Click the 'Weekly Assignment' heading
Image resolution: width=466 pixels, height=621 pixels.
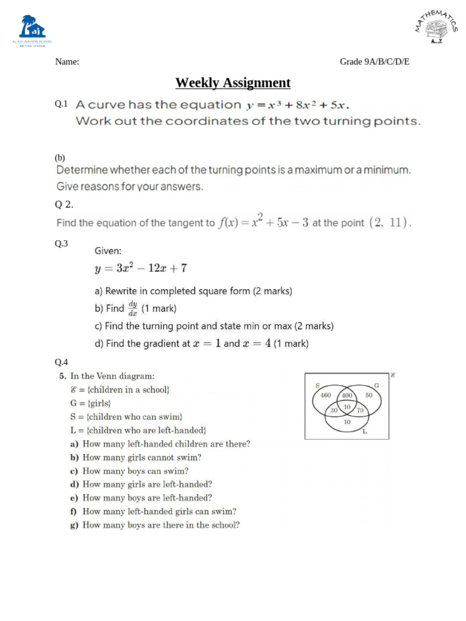tap(233, 82)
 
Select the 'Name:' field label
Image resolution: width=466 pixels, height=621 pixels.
tap(67, 62)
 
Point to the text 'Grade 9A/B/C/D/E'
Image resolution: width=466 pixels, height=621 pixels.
tap(374, 62)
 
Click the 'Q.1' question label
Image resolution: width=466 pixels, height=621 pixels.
tap(61, 104)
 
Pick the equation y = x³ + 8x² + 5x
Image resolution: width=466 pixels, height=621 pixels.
tap(298, 105)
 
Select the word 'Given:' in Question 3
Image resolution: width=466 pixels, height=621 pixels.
tap(107, 250)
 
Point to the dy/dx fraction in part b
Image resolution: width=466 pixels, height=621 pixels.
tap(132, 308)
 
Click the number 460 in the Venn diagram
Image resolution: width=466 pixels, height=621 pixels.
tap(326, 395)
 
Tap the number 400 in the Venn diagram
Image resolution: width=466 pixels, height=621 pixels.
tap(347, 395)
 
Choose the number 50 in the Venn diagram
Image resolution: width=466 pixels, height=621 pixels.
tap(368, 395)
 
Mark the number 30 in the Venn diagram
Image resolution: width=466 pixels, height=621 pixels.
tap(334, 411)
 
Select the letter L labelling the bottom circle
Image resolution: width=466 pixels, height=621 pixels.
tap(364, 432)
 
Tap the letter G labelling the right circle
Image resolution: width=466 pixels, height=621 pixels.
tap(376, 385)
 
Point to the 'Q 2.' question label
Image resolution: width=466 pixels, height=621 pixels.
tap(64, 204)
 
